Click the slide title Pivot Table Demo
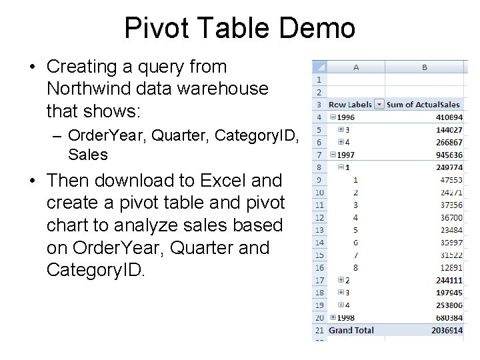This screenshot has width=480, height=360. pyautogui.click(x=239, y=29)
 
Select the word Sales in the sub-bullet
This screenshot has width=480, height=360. pyautogui.click(x=88, y=155)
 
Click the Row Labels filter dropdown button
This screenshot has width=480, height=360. pyautogui.click(x=379, y=104)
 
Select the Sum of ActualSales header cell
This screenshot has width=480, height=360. pyautogui.click(x=423, y=104)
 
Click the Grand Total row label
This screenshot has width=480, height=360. pyautogui.click(x=351, y=331)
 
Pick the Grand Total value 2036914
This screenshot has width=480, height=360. pyautogui.click(x=445, y=331)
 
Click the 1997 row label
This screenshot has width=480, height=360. pyautogui.click(x=347, y=155)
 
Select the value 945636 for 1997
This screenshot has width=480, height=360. pyautogui.click(x=447, y=155)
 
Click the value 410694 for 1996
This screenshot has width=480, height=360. pyautogui.click(x=447, y=117)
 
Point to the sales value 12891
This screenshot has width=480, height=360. pyautogui.click(x=450, y=267)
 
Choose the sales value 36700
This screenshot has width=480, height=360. pyautogui.click(x=450, y=217)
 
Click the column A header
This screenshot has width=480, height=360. pyautogui.click(x=356, y=67)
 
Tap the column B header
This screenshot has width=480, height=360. pyautogui.click(x=424, y=67)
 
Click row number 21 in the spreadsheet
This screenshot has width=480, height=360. pyautogui.click(x=319, y=331)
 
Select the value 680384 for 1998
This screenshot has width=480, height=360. pyautogui.click(x=447, y=317)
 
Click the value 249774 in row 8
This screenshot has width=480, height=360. pyautogui.click(x=447, y=167)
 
